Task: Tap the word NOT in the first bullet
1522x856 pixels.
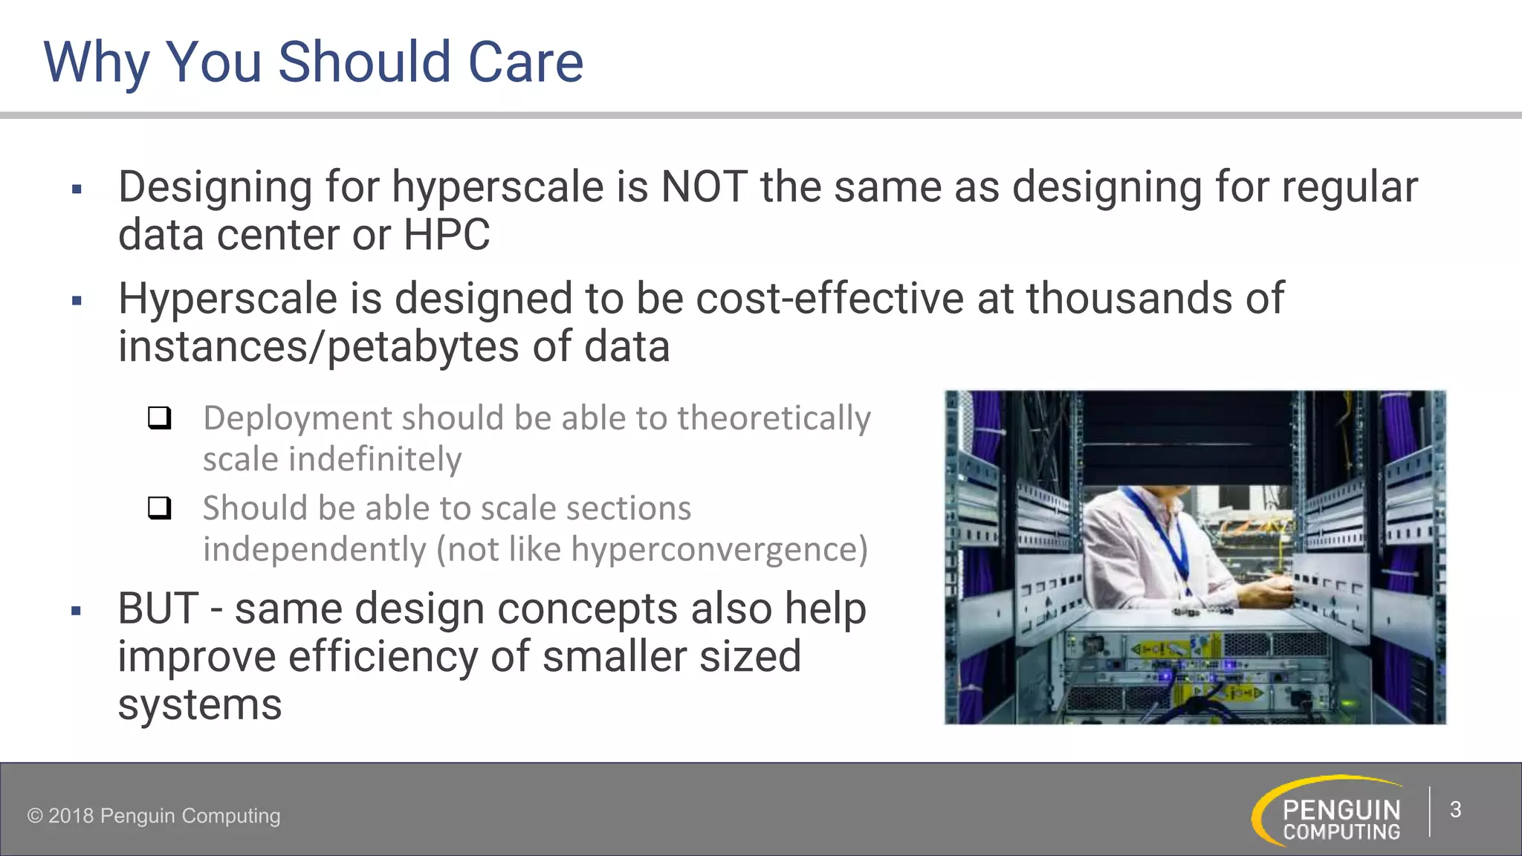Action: (x=703, y=187)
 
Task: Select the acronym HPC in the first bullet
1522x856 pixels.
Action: (x=446, y=236)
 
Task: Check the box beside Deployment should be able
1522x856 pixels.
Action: (x=159, y=418)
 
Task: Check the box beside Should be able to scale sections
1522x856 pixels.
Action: (x=159, y=508)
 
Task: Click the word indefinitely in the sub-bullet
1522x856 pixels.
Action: (x=375, y=459)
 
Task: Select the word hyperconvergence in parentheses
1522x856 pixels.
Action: (x=714, y=550)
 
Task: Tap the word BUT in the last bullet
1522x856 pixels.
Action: (x=158, y=609)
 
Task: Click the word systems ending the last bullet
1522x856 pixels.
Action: (x=200, y=704)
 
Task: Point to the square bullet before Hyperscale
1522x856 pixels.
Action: (x=77, y=301)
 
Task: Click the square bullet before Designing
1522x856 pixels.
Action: (x=77, y=189)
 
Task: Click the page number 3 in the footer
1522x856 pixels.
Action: (x=1455, y=810)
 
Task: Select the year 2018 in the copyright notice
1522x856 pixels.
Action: (x=71, y=816)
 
